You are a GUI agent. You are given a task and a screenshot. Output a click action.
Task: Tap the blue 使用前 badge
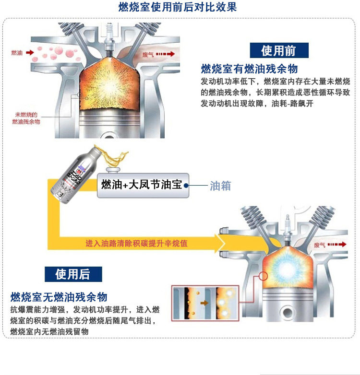[x=278, y=50]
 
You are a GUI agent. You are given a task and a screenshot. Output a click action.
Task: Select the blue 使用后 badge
[x=73, y=274]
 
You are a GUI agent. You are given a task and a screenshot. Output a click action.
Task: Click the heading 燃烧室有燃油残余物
[x=250, y=68]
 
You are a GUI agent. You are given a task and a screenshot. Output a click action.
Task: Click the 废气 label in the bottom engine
[x=320, y=245]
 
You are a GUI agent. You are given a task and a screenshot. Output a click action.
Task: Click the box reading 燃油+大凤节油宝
[x=142, y=184]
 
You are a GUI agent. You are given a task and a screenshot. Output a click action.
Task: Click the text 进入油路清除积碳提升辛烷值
[x=136, y=243]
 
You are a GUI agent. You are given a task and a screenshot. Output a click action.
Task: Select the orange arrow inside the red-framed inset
[x=204, y=303]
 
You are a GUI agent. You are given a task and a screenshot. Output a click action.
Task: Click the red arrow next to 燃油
[x=29, y=52]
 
